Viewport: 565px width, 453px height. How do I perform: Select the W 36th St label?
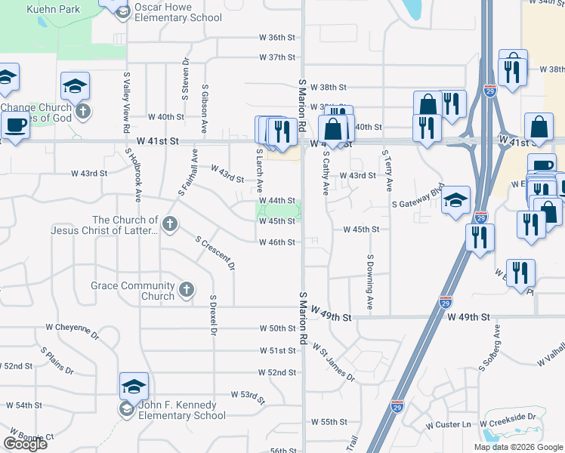tap(276, 37)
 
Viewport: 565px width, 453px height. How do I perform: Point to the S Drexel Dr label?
tap(214, 315)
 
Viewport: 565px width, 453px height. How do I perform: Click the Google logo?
tap(25, 443)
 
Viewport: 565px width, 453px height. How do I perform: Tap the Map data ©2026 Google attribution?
tap(519, 447)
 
